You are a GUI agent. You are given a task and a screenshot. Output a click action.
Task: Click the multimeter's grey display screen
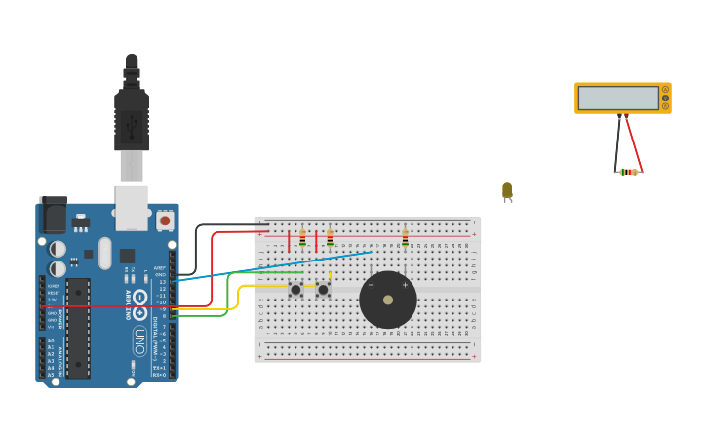click(618, 98)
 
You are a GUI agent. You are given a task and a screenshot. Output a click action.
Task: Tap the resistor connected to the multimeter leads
click(629, 172)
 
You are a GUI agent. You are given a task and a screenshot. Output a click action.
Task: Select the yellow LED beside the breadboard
click(507, 190)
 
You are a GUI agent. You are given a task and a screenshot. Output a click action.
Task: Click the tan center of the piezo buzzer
click(388, 300)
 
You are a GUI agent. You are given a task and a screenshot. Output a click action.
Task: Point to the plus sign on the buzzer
click(405, 285)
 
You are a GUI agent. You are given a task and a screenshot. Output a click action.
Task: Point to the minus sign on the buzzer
click(371, 285)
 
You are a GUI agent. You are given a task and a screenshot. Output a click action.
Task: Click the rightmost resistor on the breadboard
click(405, 238)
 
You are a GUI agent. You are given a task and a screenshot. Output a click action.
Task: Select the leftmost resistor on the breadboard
click(302, 238)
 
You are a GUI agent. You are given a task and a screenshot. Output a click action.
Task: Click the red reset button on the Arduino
click(164, 221)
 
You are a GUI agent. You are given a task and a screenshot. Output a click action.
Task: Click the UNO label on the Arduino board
click(139, 341)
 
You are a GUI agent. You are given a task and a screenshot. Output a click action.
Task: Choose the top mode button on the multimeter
click(665, 90)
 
